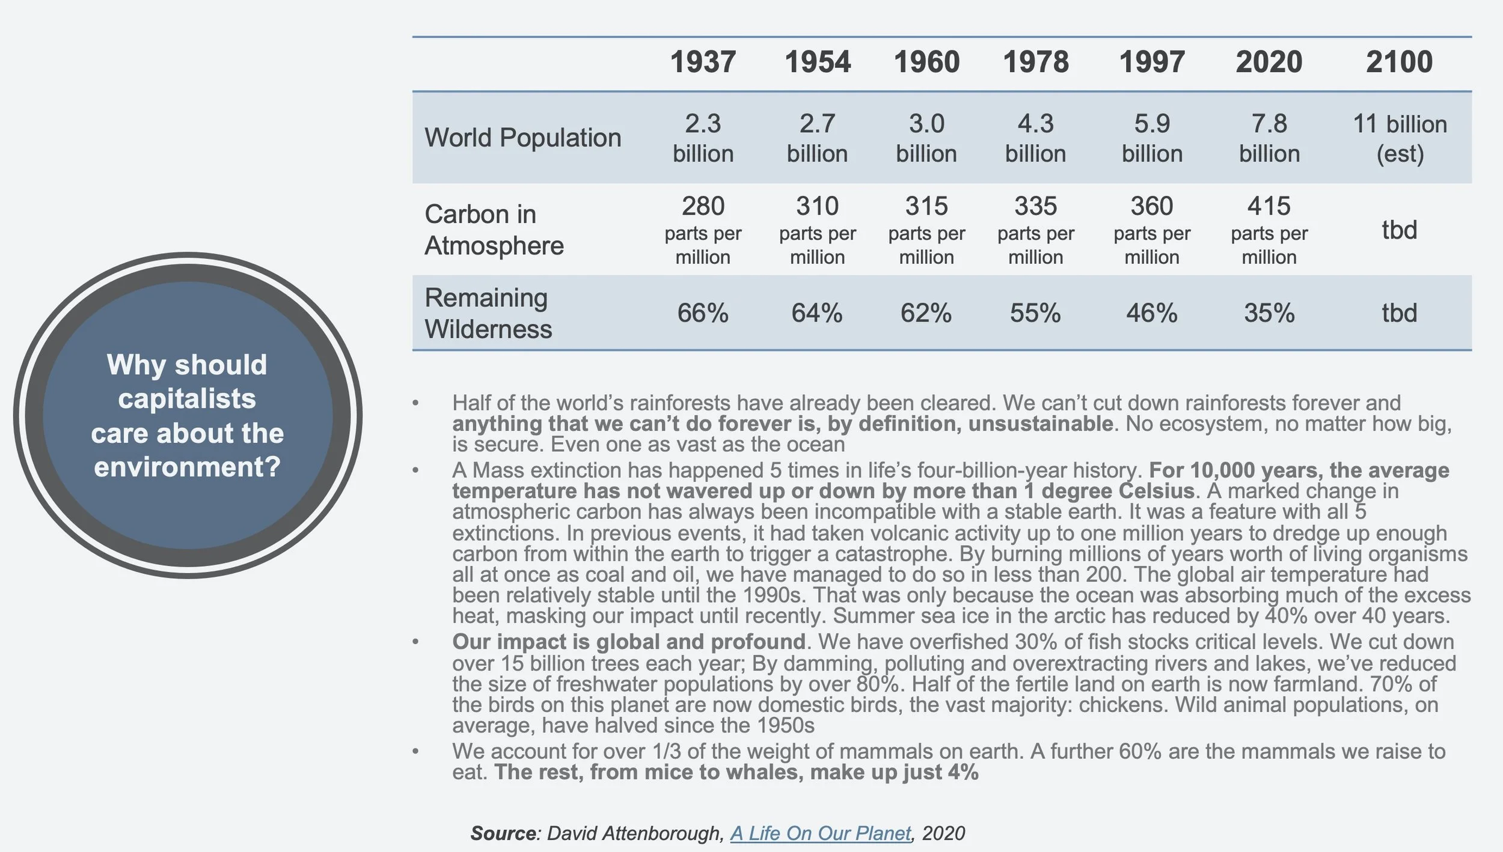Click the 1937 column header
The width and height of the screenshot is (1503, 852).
click(x=703, y=62)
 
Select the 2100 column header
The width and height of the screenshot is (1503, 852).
click(x=1399, y=62)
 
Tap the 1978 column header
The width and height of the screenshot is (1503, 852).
click(x=1035, y=62)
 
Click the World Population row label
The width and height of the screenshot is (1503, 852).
click(x=522, y=138)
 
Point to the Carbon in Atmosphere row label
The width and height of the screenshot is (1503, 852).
click(x=494, y=230)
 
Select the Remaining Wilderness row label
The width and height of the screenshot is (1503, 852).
click(x=488, y=313)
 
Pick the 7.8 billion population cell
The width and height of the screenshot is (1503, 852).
click(x=1269, y=138)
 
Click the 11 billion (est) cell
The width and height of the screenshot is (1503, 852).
click(x=1399, y=138)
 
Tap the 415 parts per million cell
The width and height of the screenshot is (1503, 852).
click(x=1269, y=230)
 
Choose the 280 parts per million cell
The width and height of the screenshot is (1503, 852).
click(x=703, y=230)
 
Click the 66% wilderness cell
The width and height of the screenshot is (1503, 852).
click(x=703, y=313)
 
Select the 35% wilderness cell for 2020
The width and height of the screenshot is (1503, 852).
click(x=1269, y=313)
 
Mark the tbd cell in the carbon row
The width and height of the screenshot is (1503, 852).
click(x=1399, y=230)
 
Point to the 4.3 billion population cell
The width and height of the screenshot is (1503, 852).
click(x=1035, y=138)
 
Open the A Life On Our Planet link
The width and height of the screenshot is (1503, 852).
click(x=821, y=833)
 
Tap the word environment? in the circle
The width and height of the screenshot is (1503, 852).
click(x=187, y=467)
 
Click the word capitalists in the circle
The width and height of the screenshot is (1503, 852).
click(x=187, y=398)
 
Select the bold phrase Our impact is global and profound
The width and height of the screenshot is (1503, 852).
click(x=628, y=642)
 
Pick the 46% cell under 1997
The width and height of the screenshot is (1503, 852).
click(x=1151, y=313)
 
